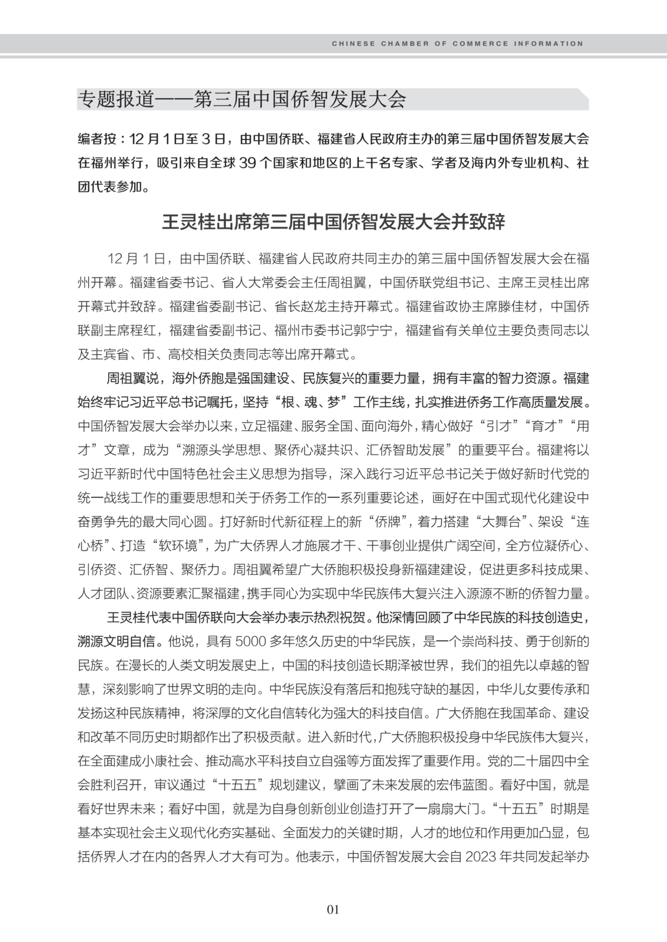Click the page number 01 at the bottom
click(x=333, y=909)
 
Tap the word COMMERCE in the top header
click(x=480, y=44)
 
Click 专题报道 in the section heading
click(x=115, y=99)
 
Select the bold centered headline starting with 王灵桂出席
click(x=333, y=222)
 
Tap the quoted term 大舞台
click(x=498, y=522)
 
